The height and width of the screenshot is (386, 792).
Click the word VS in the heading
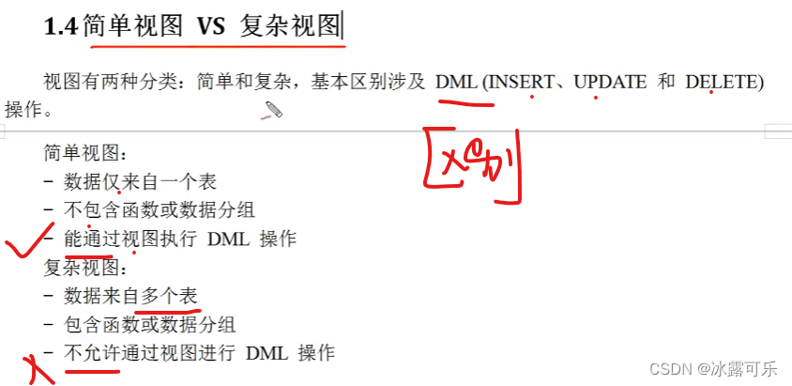click(x=211, y=27)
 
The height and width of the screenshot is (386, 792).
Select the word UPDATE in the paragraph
click(x=610, y=83)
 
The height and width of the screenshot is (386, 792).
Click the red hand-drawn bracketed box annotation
click(x=473, y=165)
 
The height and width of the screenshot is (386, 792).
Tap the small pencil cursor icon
click(x=273, y=112)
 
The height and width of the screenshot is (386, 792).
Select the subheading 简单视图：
click(x=84, y=153)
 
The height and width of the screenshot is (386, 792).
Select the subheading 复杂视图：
click(x=84, y=269)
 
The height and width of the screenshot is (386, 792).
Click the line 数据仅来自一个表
click(x=140, y=182)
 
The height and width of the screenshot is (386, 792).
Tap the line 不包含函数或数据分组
click(x=160, y=210)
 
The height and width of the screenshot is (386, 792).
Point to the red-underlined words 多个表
click(x=170, y=297)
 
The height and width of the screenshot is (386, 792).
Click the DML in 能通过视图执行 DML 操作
click(x=228, y=239)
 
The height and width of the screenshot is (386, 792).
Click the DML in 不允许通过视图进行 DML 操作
click(x=267, y=354)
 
